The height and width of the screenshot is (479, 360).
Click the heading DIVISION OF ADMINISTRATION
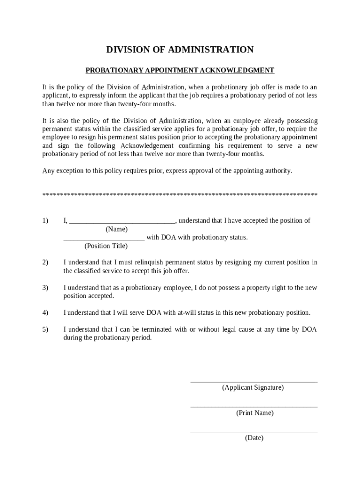tap(180, 50)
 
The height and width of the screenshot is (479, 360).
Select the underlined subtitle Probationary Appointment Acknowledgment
tap(180, 71)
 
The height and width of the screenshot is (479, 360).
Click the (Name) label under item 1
tap(116, 229)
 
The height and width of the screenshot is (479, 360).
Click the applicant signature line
tap(254, 382)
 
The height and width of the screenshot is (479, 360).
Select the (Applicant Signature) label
tap(253, 388)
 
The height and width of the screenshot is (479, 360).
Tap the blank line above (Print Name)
tap(254, 407)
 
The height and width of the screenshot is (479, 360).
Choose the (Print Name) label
tap(255, 413)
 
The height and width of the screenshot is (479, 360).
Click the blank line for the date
tap(254, 432)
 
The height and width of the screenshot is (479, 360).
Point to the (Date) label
tap(254, 438)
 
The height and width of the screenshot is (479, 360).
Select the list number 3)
tap(45, 288)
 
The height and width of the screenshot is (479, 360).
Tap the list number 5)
tap(45, 330)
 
